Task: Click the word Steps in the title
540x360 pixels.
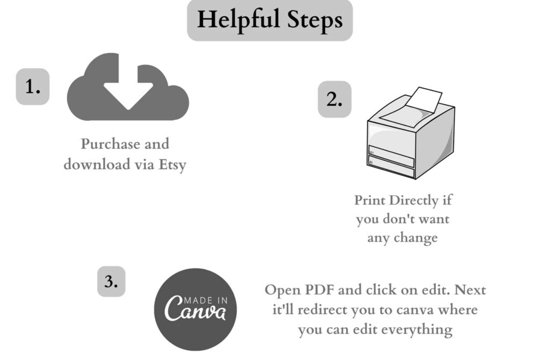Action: coord(315,20)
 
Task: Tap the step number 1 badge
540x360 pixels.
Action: coord(33,87)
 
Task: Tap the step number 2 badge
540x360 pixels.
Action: coord(335,99)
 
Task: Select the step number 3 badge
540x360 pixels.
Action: coord(111,281)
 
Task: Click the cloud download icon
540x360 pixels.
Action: coord(128,89)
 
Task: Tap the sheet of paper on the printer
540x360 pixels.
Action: coord(423,100)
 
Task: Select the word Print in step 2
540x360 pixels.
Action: coord(370,200)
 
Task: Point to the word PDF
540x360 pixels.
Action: coord(319,290)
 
